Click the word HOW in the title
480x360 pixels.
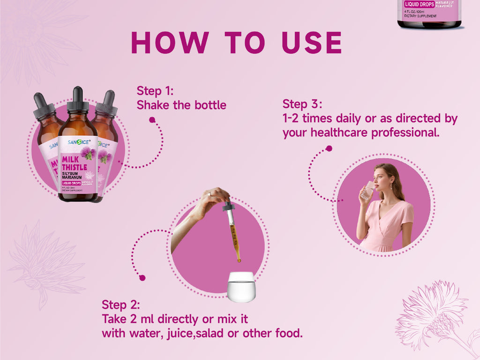click(x=169, y=43)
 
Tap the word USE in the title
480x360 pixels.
click(x=312, y=43)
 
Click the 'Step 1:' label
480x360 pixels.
click(x=155, y=91)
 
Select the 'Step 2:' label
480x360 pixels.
click(x=120, y=305)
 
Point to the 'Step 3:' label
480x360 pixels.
click(x=302, y=104)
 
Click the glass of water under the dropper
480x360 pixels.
click(x=241, y=286)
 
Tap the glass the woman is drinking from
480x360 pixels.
click(x=367, y=190)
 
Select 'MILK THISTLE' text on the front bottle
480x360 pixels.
click(x=74, y=163)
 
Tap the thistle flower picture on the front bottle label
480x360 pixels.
click(x=88, y=153)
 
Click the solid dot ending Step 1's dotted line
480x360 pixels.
click(x=152, y=120)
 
